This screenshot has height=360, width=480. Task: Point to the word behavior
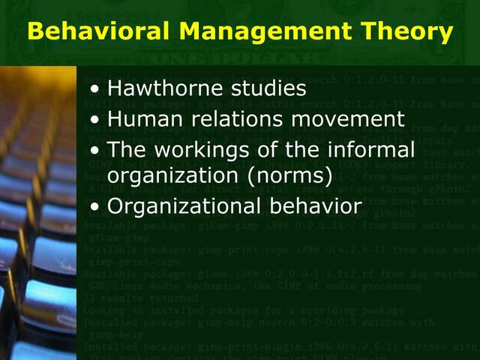point(314,205)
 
